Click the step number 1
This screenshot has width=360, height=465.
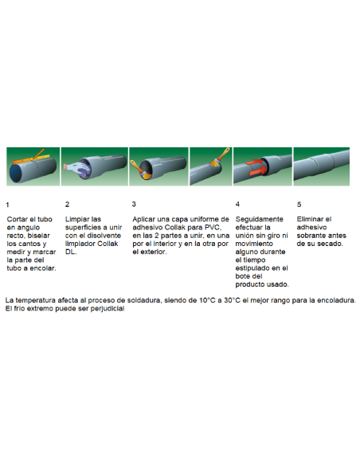pyautogui.click(x=8, y=205)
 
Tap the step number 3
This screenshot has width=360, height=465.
pyautogui.click(x=134, y=205)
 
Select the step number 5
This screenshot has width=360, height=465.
pyautogui.click(x=299, y=205)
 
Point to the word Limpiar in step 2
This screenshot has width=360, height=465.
pyautogui.click(x=77, y=219)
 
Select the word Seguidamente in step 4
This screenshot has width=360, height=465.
pyautogui.click(x=258, y=219)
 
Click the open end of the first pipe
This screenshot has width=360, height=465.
pyautogui.click(x=18, y=173)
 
